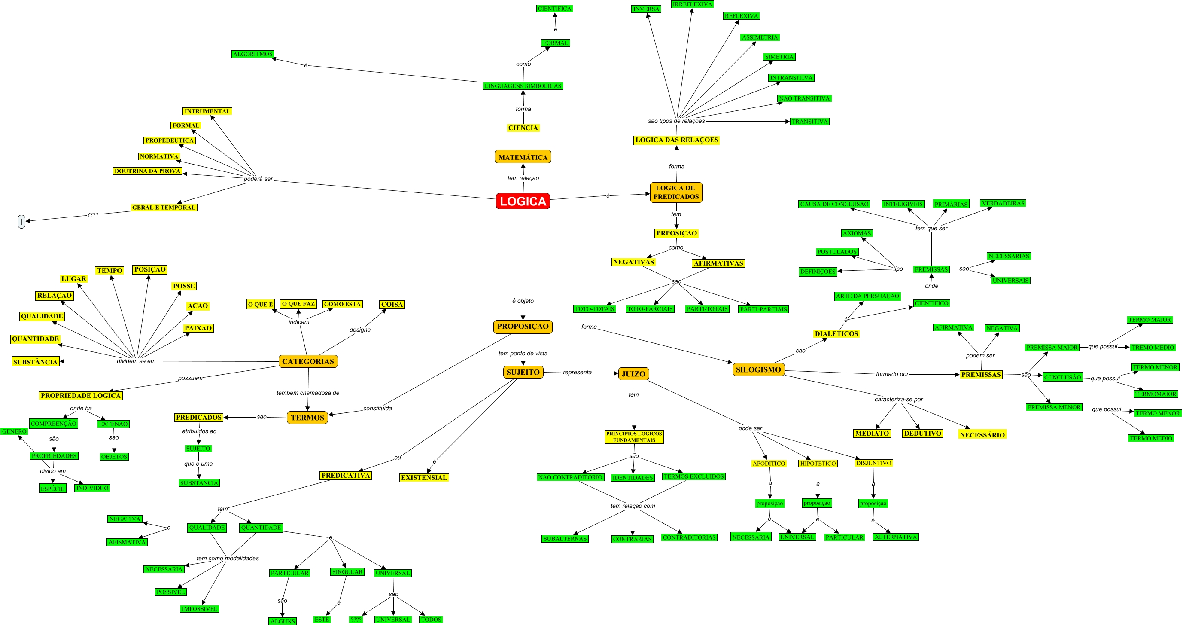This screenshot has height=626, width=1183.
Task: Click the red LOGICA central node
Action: click(523, 202)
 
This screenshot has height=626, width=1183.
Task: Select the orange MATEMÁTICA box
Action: click(523, 157)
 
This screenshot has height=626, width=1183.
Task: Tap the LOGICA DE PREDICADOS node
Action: click(676, 192)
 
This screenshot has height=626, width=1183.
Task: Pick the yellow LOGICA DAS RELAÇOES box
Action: click(676, 140)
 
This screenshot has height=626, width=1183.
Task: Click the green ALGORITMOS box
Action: click(252, 54)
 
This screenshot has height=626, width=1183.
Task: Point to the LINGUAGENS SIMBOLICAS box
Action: click(523, 86)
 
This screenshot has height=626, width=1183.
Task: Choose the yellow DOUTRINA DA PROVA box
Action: click(147, 171)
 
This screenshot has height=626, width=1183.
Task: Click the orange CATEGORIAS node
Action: click(308, 361)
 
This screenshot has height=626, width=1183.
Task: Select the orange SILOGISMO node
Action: click(758, 369)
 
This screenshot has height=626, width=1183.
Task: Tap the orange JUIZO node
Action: click(633, 374)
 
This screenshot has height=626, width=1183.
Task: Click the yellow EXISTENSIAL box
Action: click(424, 477)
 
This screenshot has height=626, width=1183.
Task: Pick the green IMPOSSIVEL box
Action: click(199, 609)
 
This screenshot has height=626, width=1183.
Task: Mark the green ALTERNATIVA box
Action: click(896, 537)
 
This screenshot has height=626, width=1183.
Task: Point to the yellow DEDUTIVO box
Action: click(923, 434)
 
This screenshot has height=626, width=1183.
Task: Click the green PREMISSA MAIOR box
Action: click(1052, 348)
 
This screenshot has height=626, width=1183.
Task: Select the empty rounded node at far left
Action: click(21, 222)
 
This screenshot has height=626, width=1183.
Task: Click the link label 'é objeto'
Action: click(523, 301)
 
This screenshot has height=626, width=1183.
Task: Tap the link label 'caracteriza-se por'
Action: click(898, 400)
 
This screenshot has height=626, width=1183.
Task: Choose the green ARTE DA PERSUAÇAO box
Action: click(867, 296)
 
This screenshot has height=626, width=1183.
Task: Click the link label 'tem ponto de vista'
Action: click(523, 354)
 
